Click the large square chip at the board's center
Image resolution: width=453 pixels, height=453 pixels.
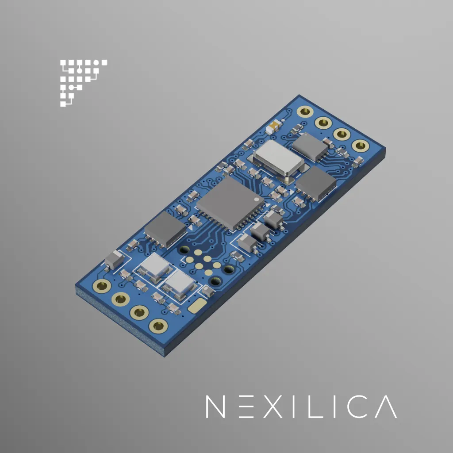[230, 203]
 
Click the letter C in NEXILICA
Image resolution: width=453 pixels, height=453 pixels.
[352, 407]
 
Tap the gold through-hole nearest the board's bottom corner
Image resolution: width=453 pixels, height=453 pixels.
[157, 326]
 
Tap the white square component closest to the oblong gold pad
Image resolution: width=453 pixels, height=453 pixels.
[178, 284]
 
